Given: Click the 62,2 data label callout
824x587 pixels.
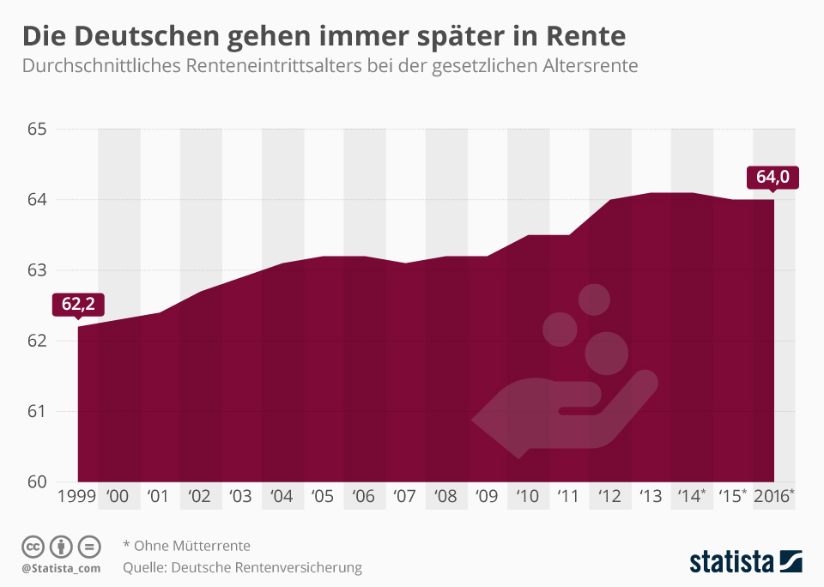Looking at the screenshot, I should pos(77,303).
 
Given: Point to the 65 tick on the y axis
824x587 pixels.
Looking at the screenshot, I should pos(36,130).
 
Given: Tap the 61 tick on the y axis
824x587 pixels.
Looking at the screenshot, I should pos(36,411).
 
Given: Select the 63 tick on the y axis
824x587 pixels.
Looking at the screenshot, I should pos(36,270).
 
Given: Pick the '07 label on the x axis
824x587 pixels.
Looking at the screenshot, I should pos(403,496).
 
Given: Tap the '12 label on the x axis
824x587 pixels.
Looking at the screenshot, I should pos(609,496).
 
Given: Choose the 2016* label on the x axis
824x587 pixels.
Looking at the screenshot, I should pos(773,496).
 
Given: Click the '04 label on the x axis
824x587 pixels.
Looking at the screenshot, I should pos(282,496).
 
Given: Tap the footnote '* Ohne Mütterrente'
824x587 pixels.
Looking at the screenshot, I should pos(186,545).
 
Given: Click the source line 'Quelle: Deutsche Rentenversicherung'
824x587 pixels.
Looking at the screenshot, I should pos(242,567).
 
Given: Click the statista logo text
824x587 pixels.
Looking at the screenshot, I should pos(730,562).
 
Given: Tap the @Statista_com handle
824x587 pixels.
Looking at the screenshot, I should pos(61,568).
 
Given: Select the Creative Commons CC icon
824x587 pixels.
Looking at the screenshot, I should pos(33,546).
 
